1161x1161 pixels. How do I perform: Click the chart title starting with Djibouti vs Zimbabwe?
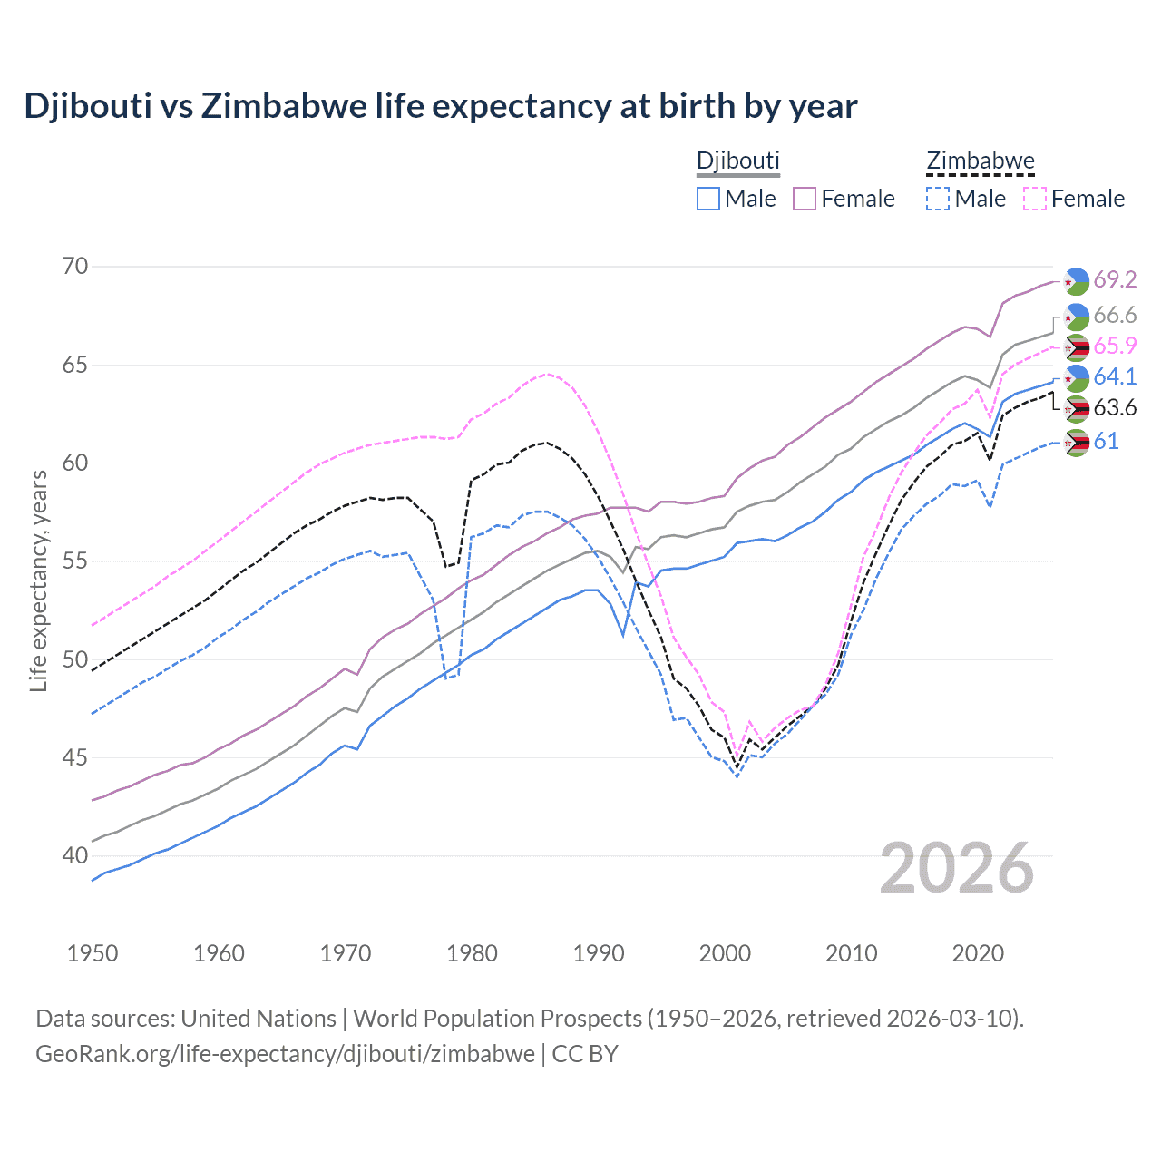pos(441,106)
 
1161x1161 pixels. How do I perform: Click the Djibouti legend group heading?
pos(737,161)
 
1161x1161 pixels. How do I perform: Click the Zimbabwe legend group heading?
pos(980,161)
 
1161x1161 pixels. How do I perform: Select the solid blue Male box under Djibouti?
pos(708,199)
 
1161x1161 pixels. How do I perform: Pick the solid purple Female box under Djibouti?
pos(805,199)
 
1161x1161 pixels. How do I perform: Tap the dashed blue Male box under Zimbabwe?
pos(938,199)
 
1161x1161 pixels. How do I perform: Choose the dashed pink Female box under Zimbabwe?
pos(1035,199)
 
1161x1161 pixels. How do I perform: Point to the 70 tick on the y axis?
pos(76,267)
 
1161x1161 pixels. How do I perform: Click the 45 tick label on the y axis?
pos(76,757)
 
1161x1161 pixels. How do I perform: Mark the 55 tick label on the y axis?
pos(76,561)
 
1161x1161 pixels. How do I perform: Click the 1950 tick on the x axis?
pos(93,953)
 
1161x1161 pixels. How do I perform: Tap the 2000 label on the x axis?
pos(725,953)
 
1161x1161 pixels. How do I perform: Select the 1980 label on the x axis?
pos(472,953)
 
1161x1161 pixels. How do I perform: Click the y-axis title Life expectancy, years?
pos(39,580)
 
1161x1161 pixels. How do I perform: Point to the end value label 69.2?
pos(1115,280)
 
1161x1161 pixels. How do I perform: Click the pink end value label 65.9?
pos(1115,346)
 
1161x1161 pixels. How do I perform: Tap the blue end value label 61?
pos(1106,442)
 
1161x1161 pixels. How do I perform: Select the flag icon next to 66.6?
pos(1076,317)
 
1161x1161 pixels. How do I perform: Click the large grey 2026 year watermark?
pos(956,868)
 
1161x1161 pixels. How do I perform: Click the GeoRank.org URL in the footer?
pos(285,1054)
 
